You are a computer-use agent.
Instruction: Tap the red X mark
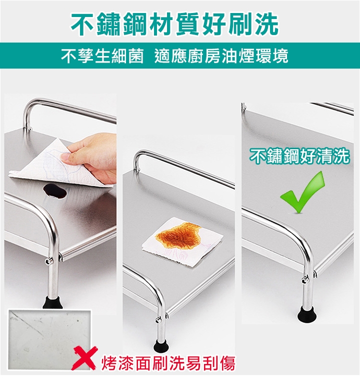click(85, 358)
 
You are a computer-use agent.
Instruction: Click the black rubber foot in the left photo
click(52, 302)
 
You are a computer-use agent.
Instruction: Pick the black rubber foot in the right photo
click(306, 315)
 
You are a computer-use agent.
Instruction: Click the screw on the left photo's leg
click(49, 260)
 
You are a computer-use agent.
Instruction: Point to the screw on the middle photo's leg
click(158, 320)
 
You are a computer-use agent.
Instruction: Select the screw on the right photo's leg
click(306, 280)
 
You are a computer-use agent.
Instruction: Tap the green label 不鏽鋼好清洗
click(299, 156)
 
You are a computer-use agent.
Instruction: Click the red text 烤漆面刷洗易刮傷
click(168, 363)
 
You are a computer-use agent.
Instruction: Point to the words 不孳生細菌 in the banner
click(102, 56)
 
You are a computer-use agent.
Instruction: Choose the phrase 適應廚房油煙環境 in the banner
click(221, 56)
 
